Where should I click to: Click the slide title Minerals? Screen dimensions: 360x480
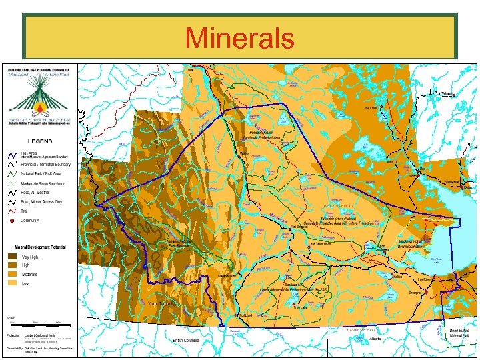point(239,37)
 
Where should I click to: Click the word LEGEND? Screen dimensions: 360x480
point(39,141)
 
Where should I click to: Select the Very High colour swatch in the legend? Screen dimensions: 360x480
point(13,256)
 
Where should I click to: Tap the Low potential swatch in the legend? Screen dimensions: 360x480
point(13,283)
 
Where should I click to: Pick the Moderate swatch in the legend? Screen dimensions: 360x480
point(13,274)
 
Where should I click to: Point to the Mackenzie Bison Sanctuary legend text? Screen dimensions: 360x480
point(42,183)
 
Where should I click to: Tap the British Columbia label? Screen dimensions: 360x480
point(187,340)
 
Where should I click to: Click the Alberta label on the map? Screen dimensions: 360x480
point(375,339)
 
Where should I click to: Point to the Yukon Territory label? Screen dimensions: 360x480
point(162,303)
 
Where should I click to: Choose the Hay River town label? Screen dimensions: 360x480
point(424,279)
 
